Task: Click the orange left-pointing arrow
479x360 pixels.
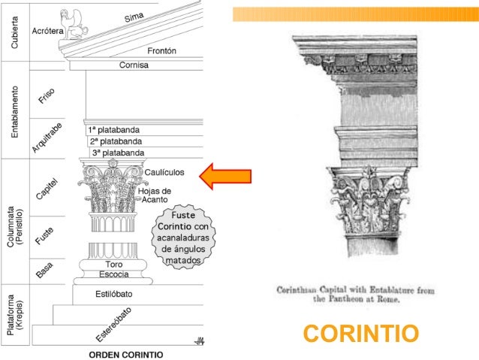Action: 224,176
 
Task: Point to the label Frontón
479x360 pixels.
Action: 161,51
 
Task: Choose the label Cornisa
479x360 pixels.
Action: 134,65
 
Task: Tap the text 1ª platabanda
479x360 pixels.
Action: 113,129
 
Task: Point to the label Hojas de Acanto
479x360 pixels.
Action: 155,195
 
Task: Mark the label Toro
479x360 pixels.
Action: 114,265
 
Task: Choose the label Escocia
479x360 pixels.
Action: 114,274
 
